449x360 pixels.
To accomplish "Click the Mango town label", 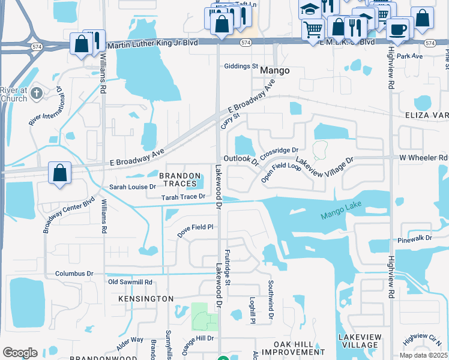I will (x=276, y=70).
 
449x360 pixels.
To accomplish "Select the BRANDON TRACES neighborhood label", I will (x=178, y=179).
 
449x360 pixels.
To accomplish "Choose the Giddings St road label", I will (x=241, y=67).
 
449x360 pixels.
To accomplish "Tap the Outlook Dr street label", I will (x=241, y=159).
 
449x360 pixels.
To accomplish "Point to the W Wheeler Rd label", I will (x=423, y=157).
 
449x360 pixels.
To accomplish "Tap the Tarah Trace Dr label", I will (x=183, y=197).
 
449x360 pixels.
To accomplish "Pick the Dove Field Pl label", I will (x=194, y=227).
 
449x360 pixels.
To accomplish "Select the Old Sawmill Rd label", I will (x=130, y=282).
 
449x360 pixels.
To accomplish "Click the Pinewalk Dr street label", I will (x=415, y=238).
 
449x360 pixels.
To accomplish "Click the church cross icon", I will (x=37, y=93).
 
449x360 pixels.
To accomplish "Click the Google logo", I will (x=20, y=352).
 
